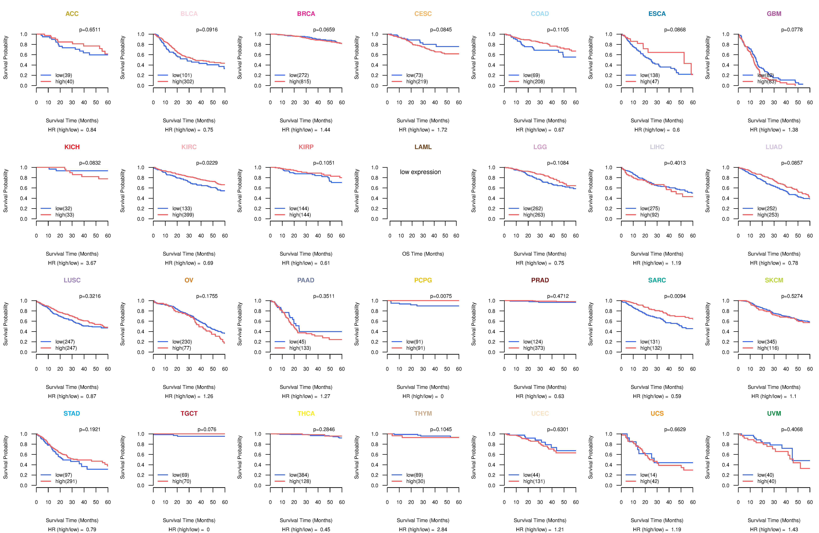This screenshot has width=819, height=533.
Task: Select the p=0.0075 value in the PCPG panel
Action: coord(441,296)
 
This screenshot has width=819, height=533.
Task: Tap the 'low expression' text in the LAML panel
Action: coord(420,172)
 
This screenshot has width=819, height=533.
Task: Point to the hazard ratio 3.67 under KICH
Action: coord(91,263)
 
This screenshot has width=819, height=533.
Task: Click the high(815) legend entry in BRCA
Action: coord(300,82)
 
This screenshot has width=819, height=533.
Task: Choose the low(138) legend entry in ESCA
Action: coord(650,75)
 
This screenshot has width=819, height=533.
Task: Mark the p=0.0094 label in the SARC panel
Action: coord(675,296)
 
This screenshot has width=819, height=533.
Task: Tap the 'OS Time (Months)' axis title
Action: coord(423,254)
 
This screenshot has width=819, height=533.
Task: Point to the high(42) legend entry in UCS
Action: coord(649,481)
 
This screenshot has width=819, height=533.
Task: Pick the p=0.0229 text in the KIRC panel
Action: coord(207,163)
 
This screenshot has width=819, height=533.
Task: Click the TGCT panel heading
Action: coord(189,413)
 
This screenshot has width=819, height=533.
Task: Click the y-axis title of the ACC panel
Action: coord(5,58)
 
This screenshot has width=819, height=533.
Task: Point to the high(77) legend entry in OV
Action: coord(181,348)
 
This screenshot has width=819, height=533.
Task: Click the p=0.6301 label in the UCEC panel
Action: coord(558,429)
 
